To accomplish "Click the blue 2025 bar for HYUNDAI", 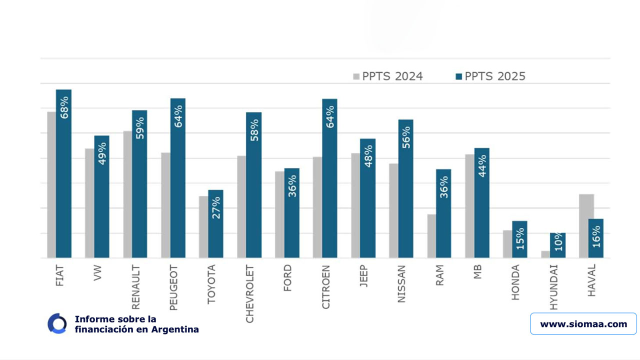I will click(x=557, y=245).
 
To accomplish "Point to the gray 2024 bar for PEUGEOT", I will click(x=165, y=205).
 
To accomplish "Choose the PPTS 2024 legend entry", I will click(x=388, y=76).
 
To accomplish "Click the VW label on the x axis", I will click(x=98, y=273).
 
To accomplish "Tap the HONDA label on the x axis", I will click(x=516, y=282).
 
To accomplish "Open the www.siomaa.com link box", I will click(x=583, y=324).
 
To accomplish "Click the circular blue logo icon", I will click(x=57, y=323).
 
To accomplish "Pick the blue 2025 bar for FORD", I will click(x=292, y=213).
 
